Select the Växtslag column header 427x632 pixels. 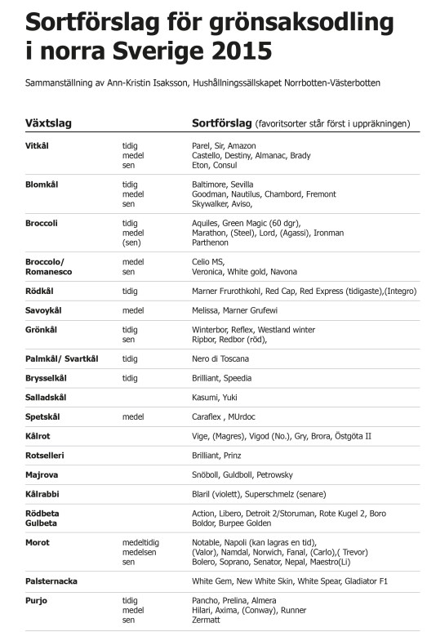tap(49, 123)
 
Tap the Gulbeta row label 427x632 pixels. tap(43, 523)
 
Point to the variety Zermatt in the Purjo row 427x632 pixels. tap(207, 620)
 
